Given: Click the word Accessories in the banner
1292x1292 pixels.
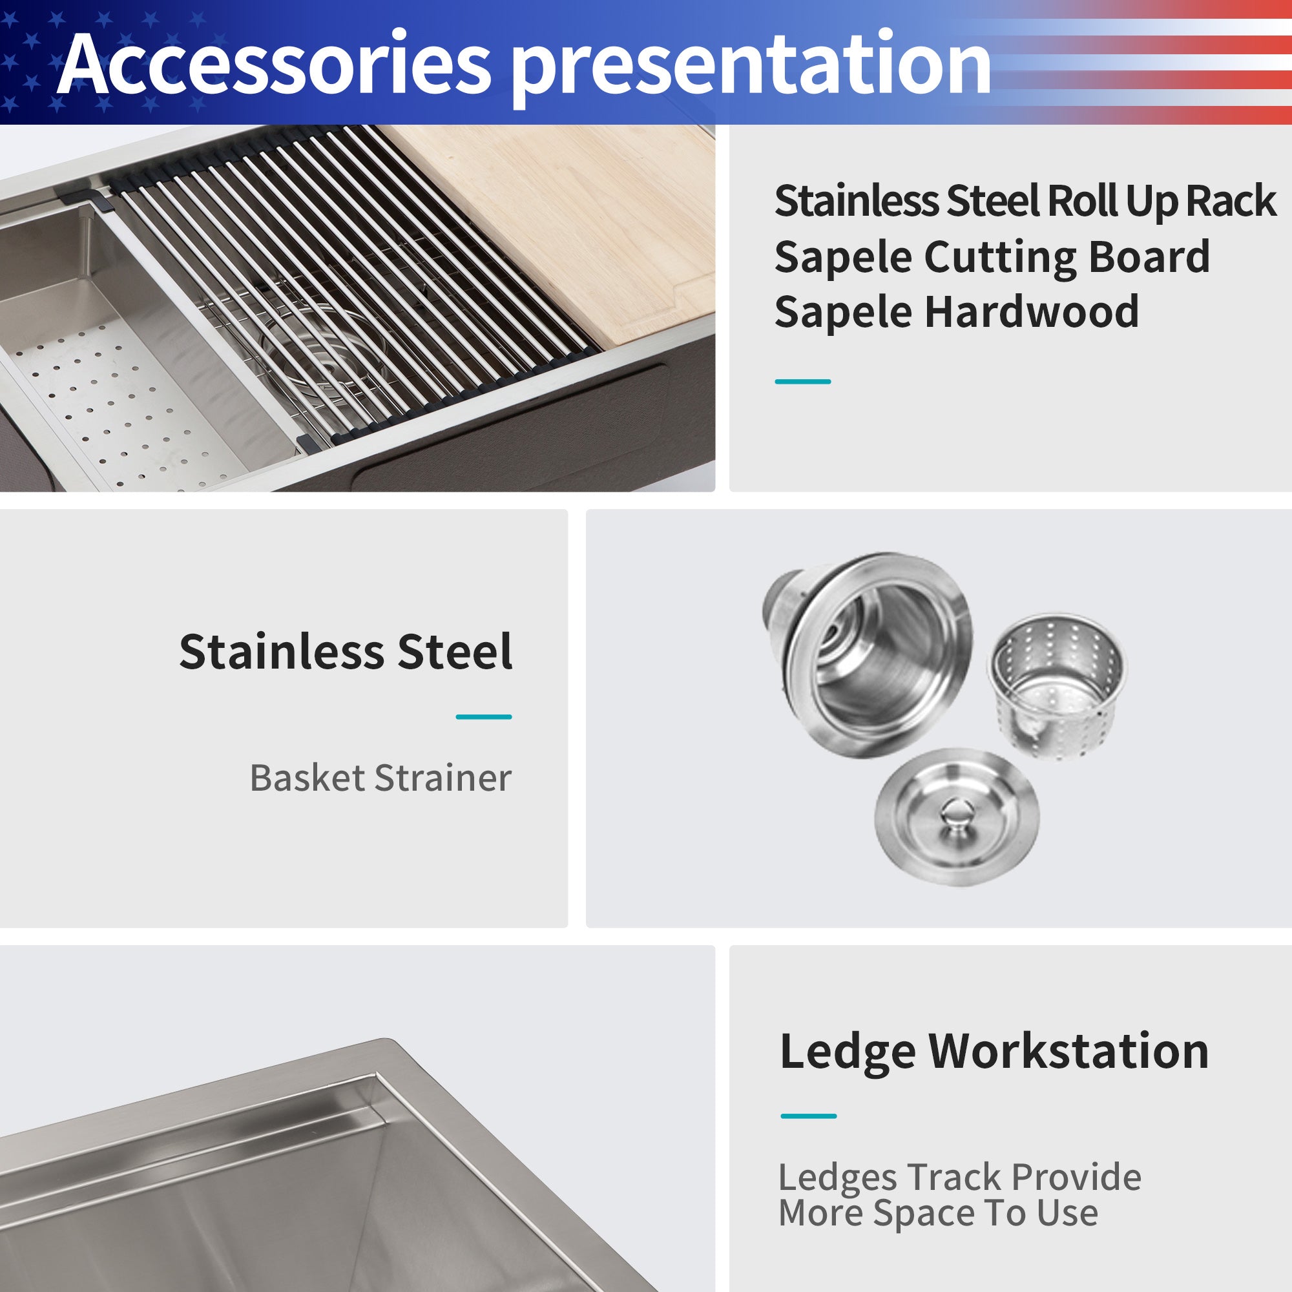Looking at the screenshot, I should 274,65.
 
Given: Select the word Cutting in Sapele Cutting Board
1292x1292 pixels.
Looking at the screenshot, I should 999,258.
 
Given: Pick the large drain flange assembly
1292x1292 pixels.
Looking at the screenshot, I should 870,652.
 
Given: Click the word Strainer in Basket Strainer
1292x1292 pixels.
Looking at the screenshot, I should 443,778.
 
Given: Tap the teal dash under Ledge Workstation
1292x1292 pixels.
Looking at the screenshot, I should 809,1116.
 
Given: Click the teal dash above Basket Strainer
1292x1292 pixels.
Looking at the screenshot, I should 483,717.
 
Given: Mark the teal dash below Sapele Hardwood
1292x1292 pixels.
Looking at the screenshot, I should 802,381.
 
